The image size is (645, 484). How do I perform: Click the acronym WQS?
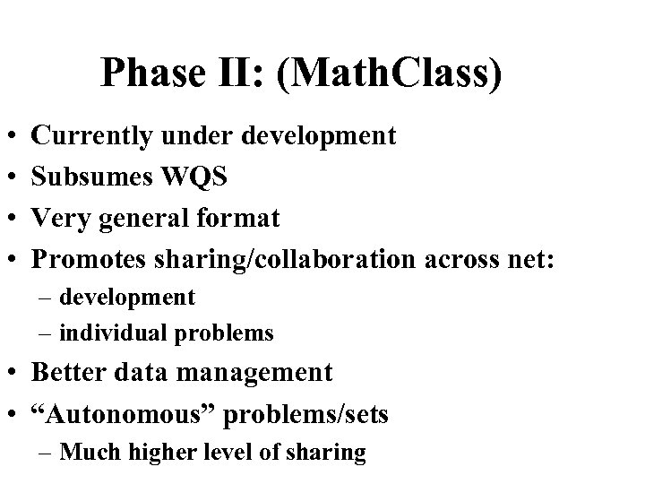click(195, 177)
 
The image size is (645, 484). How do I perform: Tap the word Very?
click(60, 218)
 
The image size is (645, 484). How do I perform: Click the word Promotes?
click(96, 258)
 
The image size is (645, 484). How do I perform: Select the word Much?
click(88, 453)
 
